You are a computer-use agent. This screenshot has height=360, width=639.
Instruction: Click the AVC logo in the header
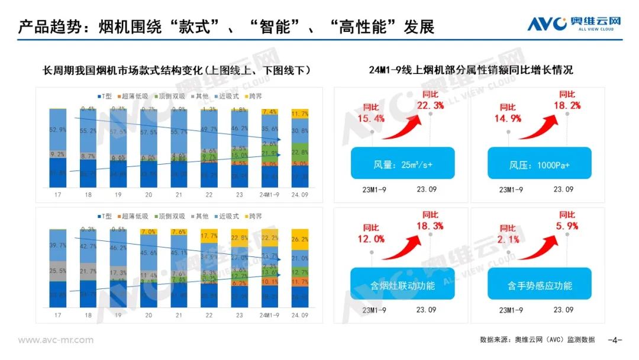[575, 23]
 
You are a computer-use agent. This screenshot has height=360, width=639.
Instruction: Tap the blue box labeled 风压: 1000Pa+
[538, 163]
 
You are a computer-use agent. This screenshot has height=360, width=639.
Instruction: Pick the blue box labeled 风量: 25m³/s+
[402, 163]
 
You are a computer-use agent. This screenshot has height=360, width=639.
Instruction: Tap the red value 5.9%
[567, 225]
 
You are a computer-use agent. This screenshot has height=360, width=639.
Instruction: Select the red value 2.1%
[507, 239]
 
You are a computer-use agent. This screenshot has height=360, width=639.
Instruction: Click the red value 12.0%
[370, 239]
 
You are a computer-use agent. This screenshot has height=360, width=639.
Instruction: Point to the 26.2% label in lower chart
[300, 239]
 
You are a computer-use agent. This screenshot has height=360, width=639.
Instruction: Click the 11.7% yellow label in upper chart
[300, 114]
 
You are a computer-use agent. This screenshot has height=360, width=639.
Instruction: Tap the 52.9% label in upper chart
[57, 130]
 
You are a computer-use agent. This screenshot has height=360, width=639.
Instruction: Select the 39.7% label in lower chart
[57, 246]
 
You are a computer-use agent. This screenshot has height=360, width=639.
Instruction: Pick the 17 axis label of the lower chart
[57, 316]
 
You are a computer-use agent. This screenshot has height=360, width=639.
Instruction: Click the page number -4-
[615, 340]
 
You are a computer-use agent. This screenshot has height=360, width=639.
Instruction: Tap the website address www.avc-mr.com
[56, 340]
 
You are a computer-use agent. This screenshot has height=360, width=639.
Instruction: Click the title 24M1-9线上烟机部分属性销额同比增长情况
[470, 70]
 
